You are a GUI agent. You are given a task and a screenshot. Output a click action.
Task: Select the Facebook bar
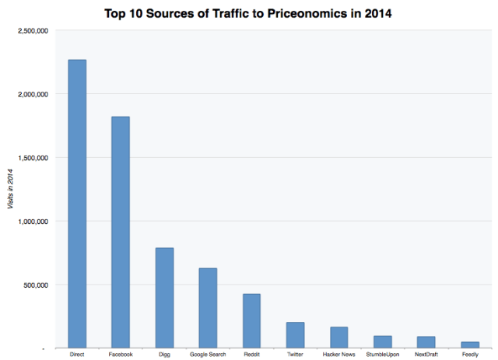point(121,232)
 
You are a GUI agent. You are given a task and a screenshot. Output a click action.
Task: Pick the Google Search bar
point(208,308)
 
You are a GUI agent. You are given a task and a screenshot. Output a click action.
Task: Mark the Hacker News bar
point(338,337)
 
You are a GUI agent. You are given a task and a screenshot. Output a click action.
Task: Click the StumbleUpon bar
point(382,342)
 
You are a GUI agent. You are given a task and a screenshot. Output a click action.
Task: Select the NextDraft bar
point(426,342)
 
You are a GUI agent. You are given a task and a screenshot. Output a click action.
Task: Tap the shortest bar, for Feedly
point(469,344)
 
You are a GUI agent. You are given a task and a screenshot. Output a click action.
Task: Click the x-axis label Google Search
point(208,355)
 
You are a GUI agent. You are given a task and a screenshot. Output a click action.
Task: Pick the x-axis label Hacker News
point(338,355)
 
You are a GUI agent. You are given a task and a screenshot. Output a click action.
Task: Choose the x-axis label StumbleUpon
point(382,355)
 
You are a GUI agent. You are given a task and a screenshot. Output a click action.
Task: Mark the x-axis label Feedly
point(469,355)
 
